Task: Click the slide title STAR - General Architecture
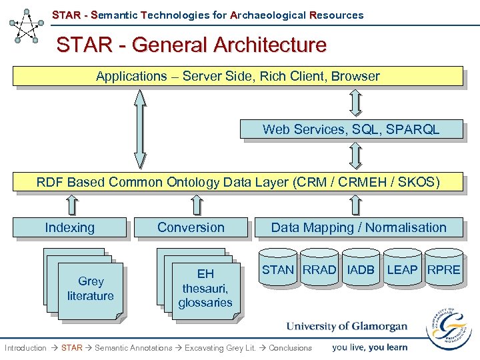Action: click(x=191, y=45)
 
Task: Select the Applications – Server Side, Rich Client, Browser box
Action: click(x=237, y=77)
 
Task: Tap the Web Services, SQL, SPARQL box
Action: click(x=351, y=129)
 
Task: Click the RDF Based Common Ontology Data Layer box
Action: click(x=237, y=182)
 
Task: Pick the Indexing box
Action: click(x=70, y=228)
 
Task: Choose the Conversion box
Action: click(x=191, y=228)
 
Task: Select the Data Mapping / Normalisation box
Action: click(x=358, y=228)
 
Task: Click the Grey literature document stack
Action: click(x=90, y=289)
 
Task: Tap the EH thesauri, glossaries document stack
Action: click(x=205, y=289)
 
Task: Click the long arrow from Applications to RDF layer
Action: click(x=139, y=128)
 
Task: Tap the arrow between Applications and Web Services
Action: click(x=356, y=103)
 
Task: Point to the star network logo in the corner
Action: click(x=27, y=27)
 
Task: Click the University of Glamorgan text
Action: click(x=346, y=327)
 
